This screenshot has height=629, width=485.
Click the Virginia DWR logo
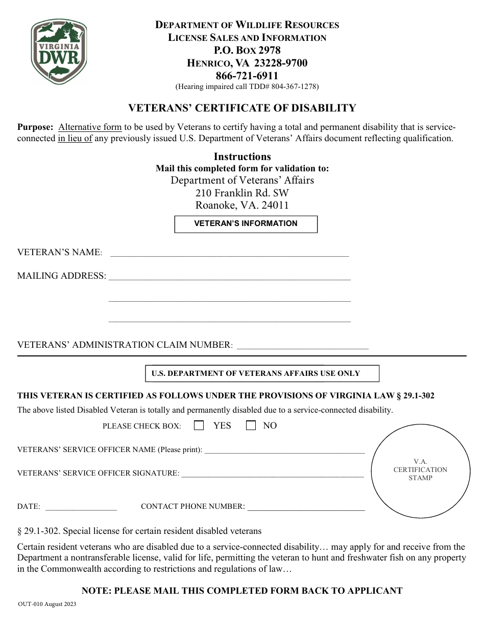coord(59,50)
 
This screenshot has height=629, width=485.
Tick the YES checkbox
coord(199,425)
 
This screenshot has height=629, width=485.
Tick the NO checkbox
coord(251,425)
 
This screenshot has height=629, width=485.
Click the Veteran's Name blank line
coord(230,252)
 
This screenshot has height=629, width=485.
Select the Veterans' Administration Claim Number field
coord(303,345)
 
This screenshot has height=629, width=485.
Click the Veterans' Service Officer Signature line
coord(273,474)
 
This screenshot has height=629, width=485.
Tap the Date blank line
coord(81,507)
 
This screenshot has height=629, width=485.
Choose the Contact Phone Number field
coord(306,507)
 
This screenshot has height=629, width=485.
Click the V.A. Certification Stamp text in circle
coord(420,469)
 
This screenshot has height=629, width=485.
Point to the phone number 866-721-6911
coord(247,76)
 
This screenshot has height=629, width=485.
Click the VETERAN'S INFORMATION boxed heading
coord(246,223)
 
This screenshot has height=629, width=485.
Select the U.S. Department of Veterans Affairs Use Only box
coord(262,373)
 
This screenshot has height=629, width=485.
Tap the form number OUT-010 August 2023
coord(47,604)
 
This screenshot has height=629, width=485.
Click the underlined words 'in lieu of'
coord(75,139)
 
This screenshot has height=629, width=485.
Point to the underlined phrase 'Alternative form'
coord(90,127)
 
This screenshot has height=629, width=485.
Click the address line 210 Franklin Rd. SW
coord(242,193)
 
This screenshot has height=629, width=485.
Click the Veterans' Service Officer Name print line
coord(284,450)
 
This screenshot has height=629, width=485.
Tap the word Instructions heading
coord(242,156)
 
